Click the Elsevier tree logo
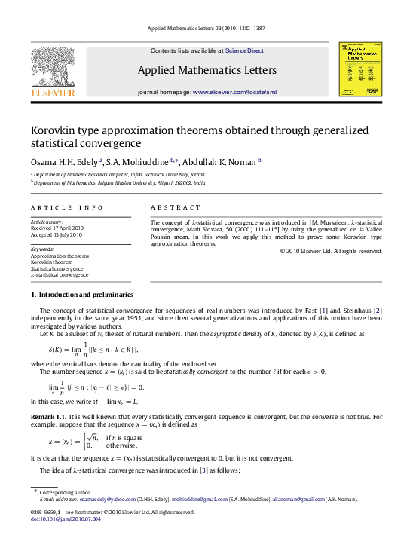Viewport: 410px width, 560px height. click(53, 66)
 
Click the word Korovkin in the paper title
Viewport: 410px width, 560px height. click(55, 130)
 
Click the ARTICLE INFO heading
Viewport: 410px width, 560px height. click(57, 207)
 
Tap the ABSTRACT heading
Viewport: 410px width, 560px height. click(176, 207)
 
